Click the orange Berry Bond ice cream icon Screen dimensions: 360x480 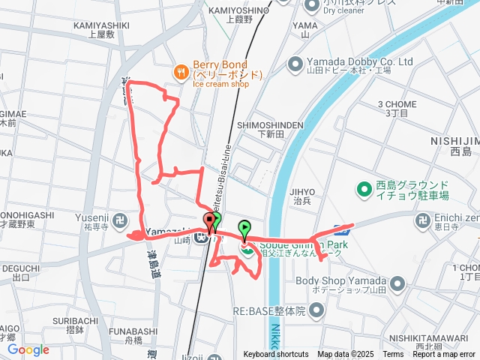181,72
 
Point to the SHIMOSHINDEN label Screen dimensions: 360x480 270,124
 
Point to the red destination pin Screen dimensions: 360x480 208,221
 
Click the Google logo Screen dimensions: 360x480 28,349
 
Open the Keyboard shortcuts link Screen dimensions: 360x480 276,355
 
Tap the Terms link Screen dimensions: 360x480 393,355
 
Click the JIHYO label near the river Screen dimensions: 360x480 302,191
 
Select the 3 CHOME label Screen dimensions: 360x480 395,103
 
